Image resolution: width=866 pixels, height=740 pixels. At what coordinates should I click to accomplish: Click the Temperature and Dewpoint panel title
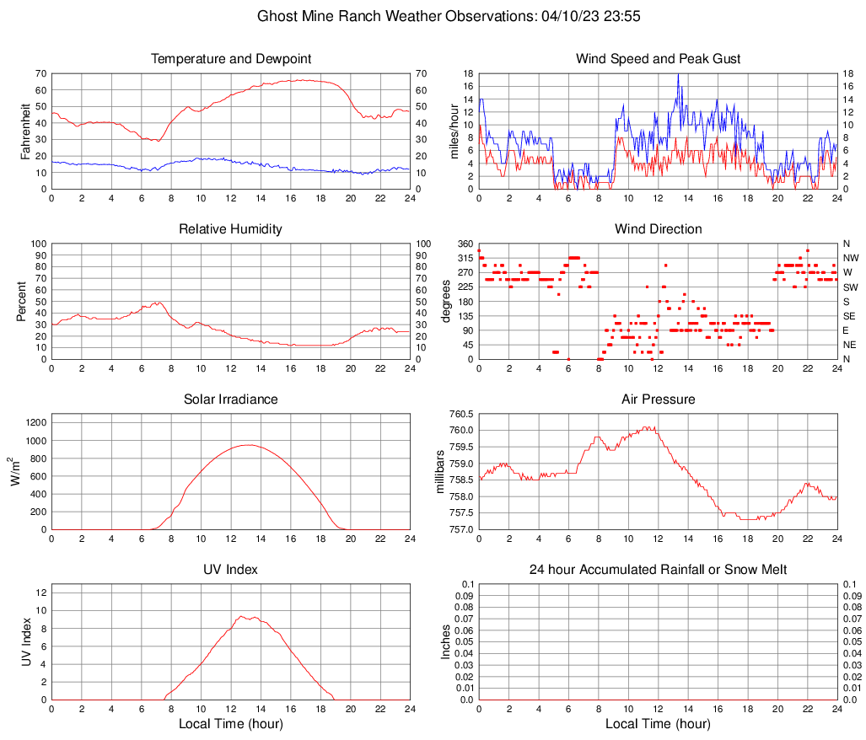coord(230,59)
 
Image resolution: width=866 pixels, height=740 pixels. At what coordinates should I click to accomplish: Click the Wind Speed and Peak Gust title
coord(658,59)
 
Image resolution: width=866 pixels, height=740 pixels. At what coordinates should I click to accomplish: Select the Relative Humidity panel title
coord(230,229)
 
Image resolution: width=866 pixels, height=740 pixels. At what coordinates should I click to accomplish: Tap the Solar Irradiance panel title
coord(230,399)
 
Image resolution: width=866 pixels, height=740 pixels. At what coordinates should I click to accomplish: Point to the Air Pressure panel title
coord(658,399)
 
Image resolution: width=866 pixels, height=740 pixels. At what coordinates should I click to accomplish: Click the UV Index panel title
coord(230,570)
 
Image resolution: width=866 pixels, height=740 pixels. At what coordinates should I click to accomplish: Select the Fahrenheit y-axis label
coord(26,131)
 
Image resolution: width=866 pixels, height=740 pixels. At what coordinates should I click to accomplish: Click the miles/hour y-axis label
coord(455,131)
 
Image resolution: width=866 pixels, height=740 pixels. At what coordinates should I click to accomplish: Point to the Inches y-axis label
coord(446,641)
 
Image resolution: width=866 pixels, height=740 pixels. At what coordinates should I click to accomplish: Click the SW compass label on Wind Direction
coord(851,287)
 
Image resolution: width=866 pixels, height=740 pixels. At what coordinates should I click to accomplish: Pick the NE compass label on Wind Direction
coord(850,345)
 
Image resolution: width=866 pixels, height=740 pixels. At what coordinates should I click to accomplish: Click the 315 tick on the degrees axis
coord(463,258)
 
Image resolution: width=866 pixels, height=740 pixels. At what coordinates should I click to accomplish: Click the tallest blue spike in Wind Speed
coord(678,74)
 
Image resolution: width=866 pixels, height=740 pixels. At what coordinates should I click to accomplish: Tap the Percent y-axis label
coord(21,301)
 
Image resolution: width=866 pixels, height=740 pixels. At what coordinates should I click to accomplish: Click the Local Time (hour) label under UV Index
coord(230,723)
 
